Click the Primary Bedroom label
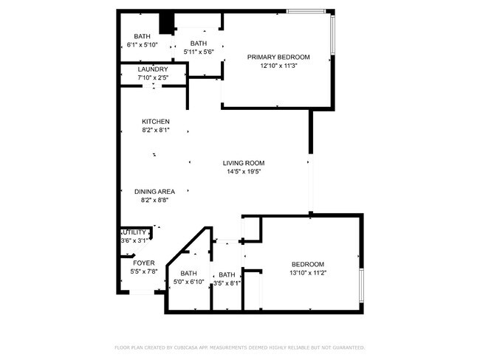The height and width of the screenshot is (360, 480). (x=278, y=57)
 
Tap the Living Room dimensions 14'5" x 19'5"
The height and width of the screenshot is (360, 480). (x=244, y=172)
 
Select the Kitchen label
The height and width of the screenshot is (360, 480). (x=156, y=122)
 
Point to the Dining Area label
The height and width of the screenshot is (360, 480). (x=155, y=191)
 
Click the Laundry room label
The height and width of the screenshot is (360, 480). (x=152, y=69)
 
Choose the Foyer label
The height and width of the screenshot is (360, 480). (x=143, y=263)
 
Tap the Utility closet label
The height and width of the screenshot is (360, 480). (x=134, y=232)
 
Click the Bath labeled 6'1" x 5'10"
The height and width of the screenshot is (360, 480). (x=142, y=36)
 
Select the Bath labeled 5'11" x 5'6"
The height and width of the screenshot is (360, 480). (x=199, y=43)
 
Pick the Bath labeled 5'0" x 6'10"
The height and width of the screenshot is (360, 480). (x=189, y=274)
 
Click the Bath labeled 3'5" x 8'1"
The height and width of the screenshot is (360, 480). (x=227, y=275)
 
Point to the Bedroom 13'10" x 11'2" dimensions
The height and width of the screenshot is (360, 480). (x=307, y=272)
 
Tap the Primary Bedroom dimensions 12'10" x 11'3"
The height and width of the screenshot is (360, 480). (x=278, y=66)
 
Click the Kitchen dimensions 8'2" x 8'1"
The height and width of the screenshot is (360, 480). (x=156, y=131)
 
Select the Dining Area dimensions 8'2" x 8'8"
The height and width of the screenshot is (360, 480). (x=155, y=200)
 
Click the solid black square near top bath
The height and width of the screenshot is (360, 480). (x=167, y=24)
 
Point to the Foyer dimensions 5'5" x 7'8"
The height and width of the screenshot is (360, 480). (x=143, y=271)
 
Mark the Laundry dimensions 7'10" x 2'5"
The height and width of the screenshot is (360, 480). (x=152, y=77)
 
